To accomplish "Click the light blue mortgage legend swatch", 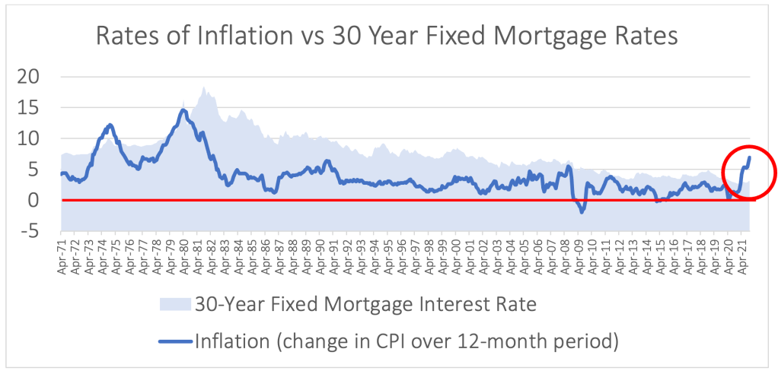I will pos(177,304).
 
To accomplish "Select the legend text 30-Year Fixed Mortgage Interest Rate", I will pos(365,304).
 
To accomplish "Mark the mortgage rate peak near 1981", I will pos(204,87).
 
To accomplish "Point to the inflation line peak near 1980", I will pos(183,110).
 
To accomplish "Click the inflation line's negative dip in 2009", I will pos(582,212).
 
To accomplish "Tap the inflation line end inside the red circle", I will pos(750,157).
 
